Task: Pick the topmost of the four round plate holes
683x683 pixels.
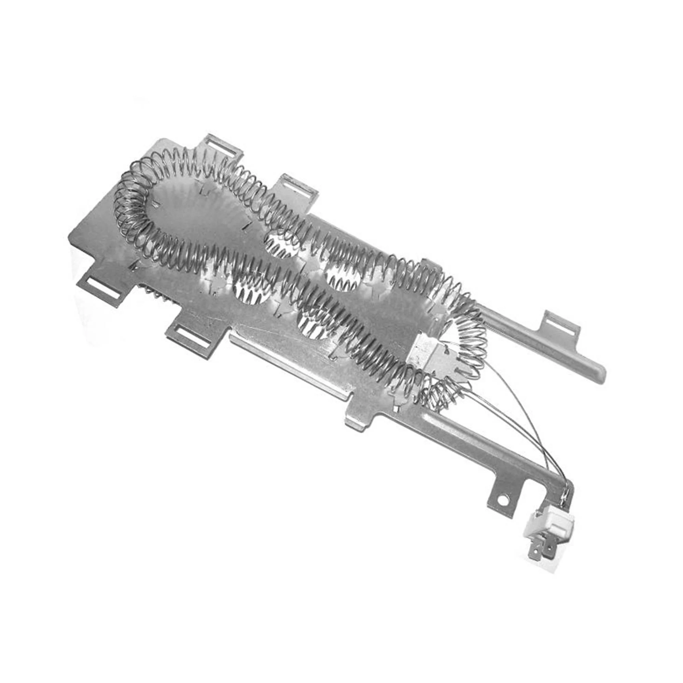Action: coord(279,244)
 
